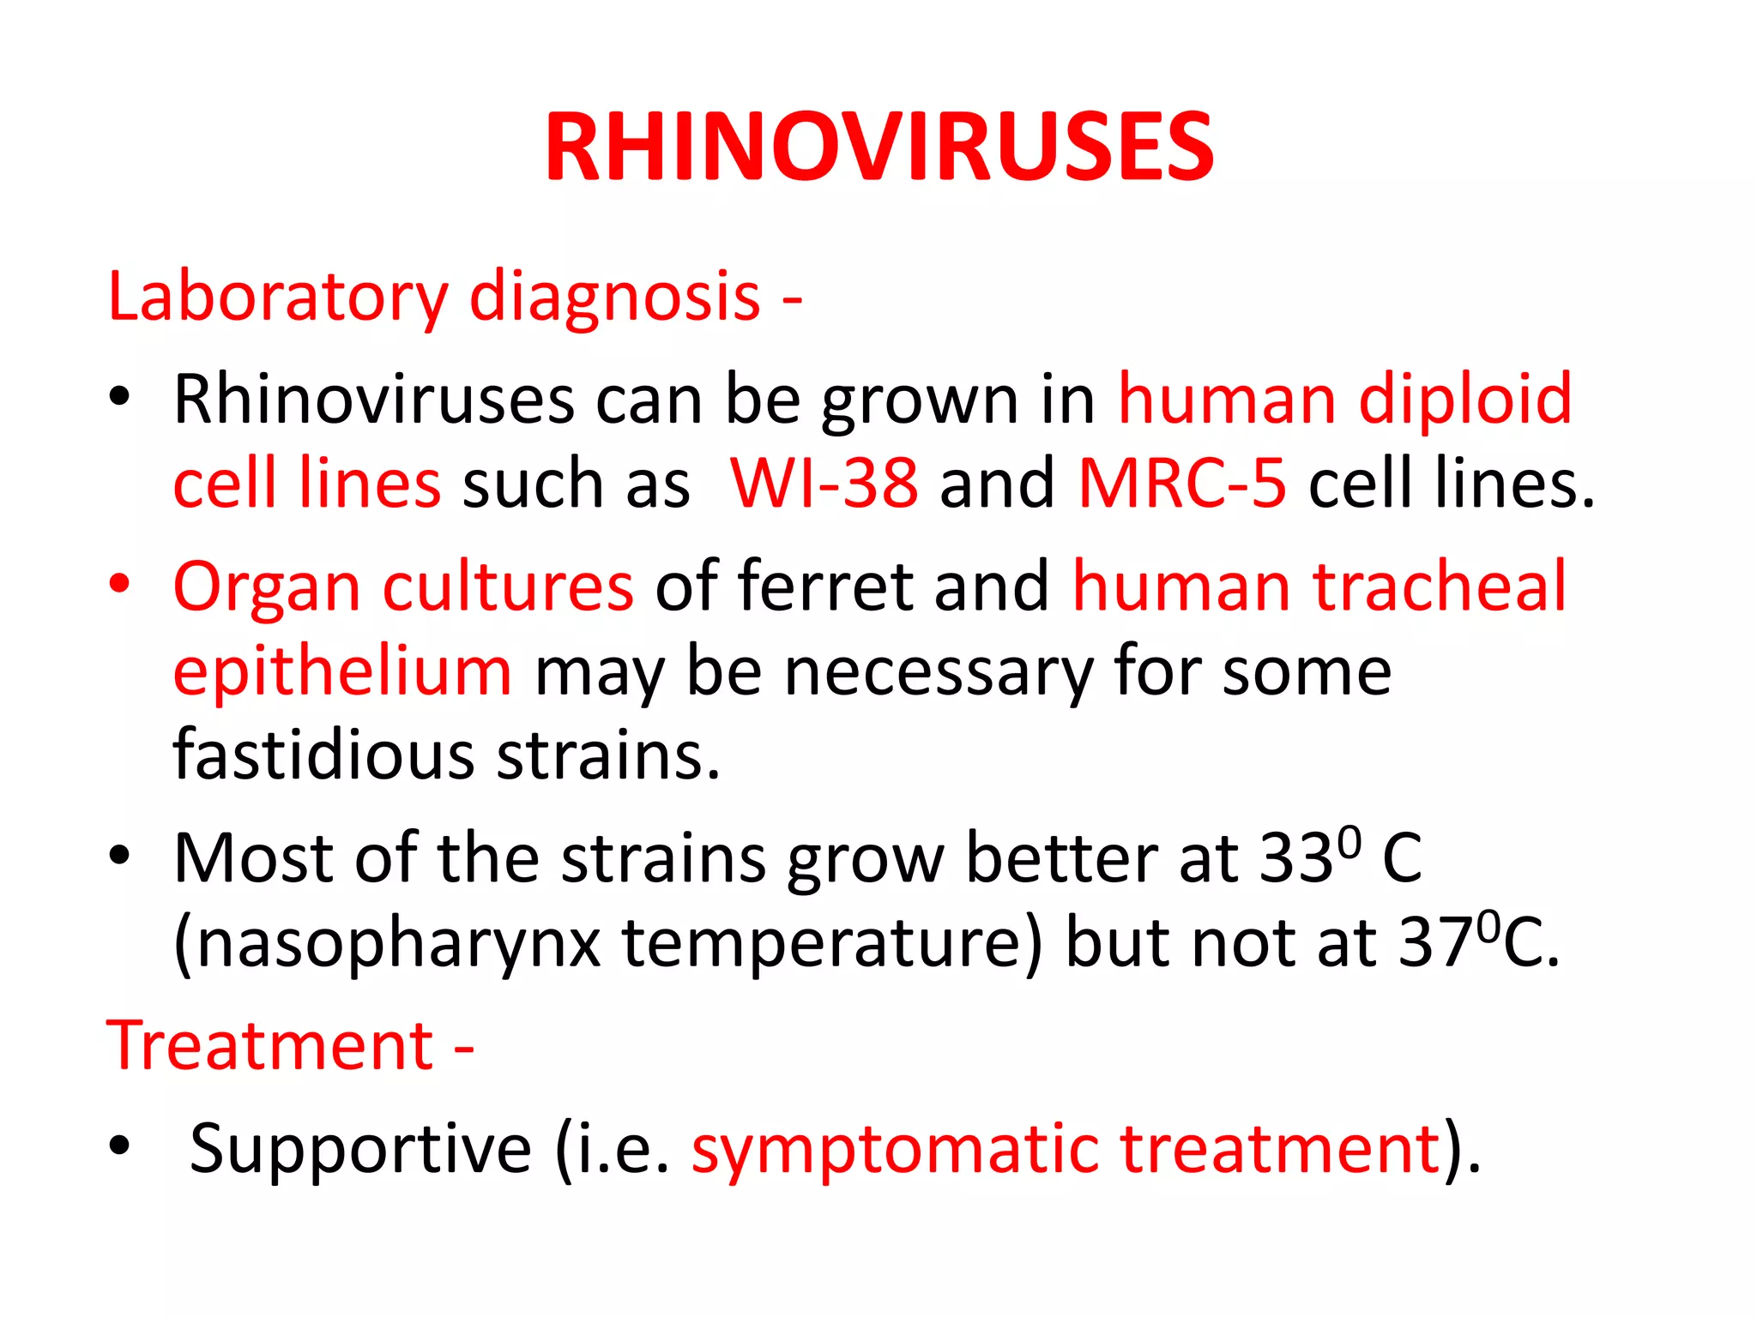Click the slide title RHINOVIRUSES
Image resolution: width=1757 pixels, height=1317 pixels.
pyautogui.click(x=878, y=147)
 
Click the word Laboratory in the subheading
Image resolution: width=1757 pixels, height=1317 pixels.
pyautogui.click(x=277, y=297)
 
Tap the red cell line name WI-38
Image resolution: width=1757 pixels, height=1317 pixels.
pyautogui.click(x=824, y=484)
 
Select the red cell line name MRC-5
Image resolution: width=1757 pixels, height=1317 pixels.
pyautogui.click(x=1181, y=484)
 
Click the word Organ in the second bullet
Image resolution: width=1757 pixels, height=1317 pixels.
pyautogui.click(x=267, y=588)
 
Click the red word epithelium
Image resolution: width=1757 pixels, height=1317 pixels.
pyautogui.click(x=342, y=671)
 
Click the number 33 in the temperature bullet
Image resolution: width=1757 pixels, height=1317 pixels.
pyautogui.click(x=1295, y=859)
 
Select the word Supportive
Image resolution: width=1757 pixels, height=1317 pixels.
pyautogui.click(x=360, y=1149)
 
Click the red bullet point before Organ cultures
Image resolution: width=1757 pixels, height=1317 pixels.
pyautogui.click(x=119, y=583)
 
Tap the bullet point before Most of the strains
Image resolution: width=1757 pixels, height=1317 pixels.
pyautogui.click(x=119, y=856)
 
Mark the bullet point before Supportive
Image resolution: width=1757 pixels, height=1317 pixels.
pyautogui.click(x=119, y=1145)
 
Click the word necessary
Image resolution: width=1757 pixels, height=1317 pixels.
pyautogui.click(x=938, y=671)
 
